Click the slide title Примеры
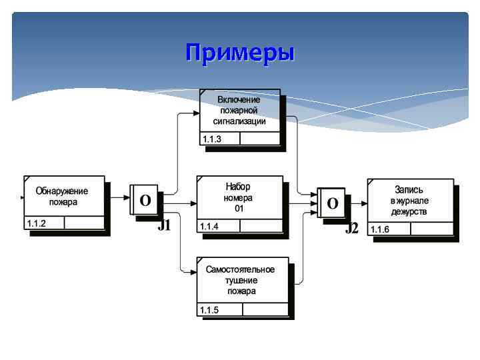[240, 53]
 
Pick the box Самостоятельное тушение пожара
[242, 280]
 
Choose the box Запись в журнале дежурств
[410, 200]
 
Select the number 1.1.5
[209, 310]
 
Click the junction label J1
[164, 226]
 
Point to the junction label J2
[352, 229]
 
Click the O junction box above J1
[145, 199]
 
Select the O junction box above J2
[333, 203]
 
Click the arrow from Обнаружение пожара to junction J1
[118, 198]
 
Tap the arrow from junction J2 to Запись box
[357, 202]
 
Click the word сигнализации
[240, 121]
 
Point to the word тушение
[241, 280]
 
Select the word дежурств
[410, 212]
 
